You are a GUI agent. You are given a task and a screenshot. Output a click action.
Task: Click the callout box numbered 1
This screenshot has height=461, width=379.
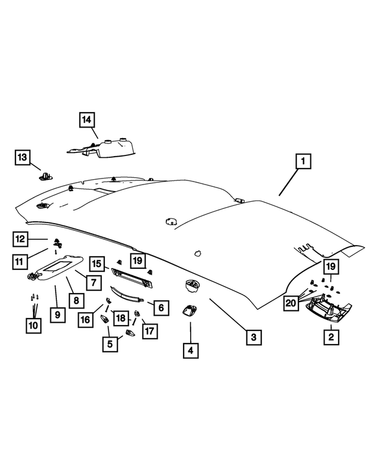pos(303,161)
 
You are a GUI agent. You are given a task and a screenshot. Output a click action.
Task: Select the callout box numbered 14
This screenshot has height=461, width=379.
pos(87,120)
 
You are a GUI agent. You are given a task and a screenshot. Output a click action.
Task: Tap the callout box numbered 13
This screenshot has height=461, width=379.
pos(23,157)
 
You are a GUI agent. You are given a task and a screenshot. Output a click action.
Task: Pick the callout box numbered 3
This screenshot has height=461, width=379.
pos(253,337)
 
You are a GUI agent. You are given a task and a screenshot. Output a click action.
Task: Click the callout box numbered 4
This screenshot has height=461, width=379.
pos(191,351)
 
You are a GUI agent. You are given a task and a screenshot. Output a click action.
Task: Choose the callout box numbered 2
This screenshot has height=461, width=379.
pos(331,337)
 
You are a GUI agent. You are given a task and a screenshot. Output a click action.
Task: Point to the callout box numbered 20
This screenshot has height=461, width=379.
pos(291,303)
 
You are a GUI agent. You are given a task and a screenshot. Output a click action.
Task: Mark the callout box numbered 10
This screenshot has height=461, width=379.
pos(33,326)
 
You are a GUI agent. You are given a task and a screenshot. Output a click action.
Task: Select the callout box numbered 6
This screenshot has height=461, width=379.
pos(161,308)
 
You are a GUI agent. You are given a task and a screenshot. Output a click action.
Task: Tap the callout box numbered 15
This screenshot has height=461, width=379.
pos(97,263)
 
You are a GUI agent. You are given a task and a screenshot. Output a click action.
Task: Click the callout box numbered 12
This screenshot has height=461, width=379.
pos(20,239)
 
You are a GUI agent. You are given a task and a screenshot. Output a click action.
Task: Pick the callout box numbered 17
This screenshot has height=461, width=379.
pos(150,331)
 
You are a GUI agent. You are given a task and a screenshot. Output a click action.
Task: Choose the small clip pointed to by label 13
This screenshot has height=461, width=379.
pos(46,176)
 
